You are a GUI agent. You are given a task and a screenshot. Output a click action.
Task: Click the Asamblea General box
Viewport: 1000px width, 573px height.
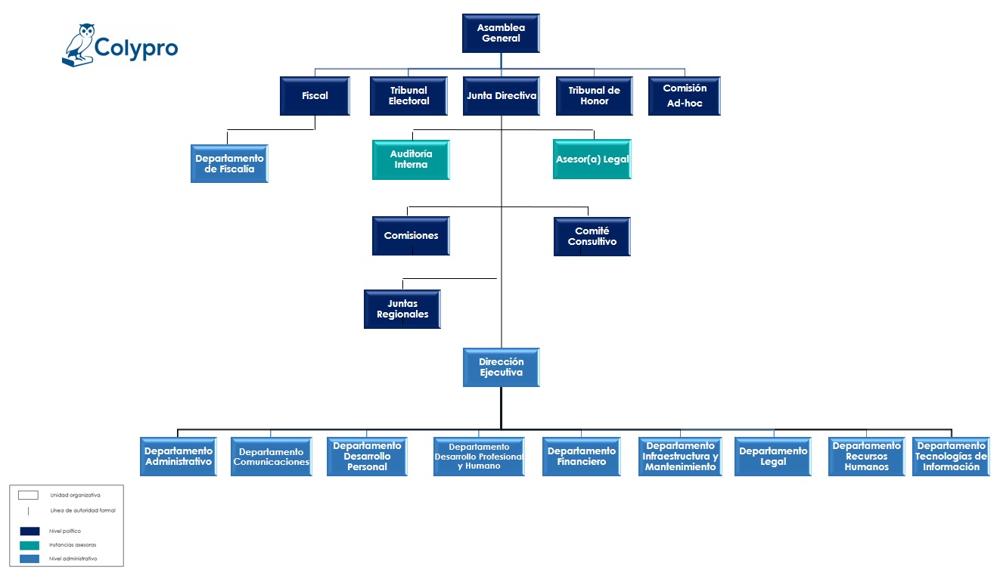pyautogui.click(x=501, y=33)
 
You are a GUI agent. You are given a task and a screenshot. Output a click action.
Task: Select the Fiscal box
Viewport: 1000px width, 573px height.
pyautogui.click(x=315, y=96)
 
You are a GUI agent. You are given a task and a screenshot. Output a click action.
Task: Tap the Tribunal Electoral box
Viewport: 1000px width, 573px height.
pyautogui.click(x=408, y=96)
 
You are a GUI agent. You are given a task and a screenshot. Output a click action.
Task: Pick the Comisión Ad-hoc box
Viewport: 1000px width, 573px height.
pyautogui.click(x=685, y=96)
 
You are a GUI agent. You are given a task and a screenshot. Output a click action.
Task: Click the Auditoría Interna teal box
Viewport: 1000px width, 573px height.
pyautogui.click(x=411, y=160)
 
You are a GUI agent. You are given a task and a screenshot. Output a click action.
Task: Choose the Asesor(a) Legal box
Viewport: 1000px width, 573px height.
pyautogui.click(x=592, y=160)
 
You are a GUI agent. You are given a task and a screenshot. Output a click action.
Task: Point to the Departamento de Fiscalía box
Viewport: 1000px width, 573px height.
pyautogui.click(x=229, y=164)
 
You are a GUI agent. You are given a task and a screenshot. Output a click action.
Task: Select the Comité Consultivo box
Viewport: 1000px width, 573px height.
pyautogui.click(x=592, y=237)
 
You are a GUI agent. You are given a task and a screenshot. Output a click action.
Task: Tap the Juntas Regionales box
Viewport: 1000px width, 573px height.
pyautogui.click(x=402, y=309)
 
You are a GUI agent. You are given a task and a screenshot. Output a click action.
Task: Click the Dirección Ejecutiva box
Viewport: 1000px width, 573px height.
pyautogui.click(x=502, y=367)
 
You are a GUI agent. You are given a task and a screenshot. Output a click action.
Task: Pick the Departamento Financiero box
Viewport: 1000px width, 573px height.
pyautogui.click(x=581, y=457)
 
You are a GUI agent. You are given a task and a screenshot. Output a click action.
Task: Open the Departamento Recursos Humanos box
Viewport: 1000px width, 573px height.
pyautogui.click(x=867, y=457)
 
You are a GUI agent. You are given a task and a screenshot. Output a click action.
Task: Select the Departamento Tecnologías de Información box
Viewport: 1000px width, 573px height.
pyautogui.click(x=951, y=457)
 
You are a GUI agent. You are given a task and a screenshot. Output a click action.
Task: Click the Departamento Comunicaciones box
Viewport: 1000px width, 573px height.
pyautogui.click(x=272, y=457)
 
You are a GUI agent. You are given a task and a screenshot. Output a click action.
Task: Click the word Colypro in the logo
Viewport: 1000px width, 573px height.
pyautogui.click(x=136, y=48)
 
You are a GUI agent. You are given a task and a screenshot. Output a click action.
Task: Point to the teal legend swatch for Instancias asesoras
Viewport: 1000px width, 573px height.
pyautogui.click(x=30, y=545)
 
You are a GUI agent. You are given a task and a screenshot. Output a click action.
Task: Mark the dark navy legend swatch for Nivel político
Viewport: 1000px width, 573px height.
pyautogui.click(x=30, y=531)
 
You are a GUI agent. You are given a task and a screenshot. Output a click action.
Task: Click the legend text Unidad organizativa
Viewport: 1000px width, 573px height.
pyautogui.click(x=75, y=495)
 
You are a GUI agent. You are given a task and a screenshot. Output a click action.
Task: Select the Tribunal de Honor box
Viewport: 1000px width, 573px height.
pyautogui.click(x=595, y=96)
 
